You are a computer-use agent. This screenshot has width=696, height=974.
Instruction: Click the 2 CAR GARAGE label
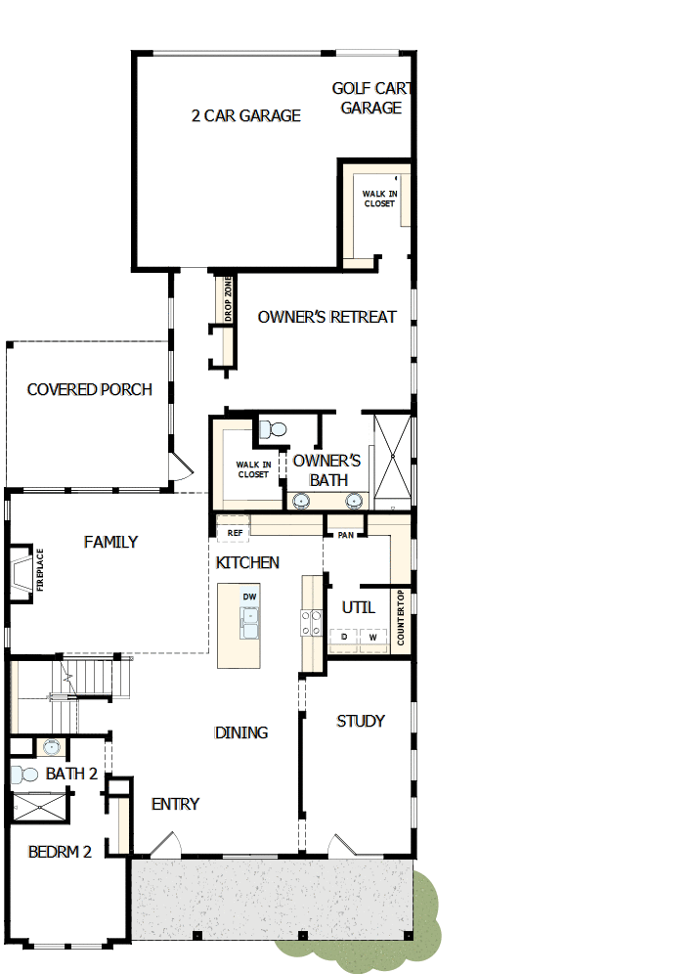(x=245, y=115)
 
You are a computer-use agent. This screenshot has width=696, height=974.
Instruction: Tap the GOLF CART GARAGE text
(x=371, y=99)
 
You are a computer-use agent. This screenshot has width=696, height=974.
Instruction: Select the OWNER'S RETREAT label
(x=326, y=317)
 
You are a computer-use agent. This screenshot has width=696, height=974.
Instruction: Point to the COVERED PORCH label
(x=90, y=389)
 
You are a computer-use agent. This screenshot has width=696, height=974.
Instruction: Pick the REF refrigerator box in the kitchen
(x=234, y=533)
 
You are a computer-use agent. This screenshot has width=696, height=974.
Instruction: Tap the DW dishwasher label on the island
(x=250, y=597)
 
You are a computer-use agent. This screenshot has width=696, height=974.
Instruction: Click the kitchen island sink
(x=250, y=622)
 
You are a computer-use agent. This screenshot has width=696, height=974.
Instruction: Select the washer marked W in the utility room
(x=373, y=637)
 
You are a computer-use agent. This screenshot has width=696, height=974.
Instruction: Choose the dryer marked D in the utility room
(x=344, y=637)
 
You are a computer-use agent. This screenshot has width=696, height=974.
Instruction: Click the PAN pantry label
(x=345, y=535)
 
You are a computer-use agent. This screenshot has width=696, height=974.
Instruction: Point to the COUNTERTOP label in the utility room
(x=401, y=618)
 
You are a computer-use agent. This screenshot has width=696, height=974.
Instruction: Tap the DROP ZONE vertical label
(x=229, y=299)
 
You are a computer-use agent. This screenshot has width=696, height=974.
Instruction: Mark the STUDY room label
(x=361, y=721)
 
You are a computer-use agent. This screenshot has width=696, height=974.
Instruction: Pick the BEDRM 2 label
(x=60, y=852)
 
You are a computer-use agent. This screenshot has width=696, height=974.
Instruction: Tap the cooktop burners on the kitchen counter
(x=311, y=623)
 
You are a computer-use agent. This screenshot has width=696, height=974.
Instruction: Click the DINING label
(x=241, y=732)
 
